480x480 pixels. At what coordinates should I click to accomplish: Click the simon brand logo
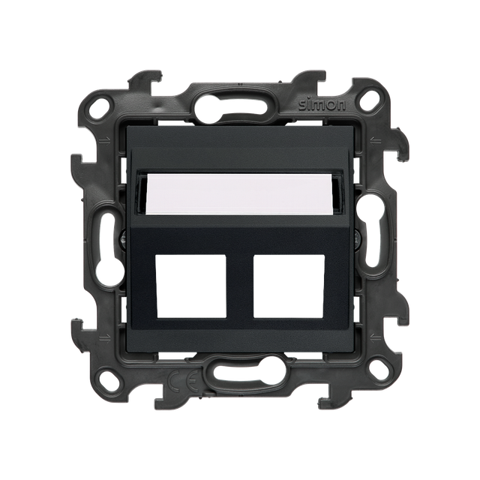(322, 105)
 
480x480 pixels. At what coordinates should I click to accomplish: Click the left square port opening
(191, 285)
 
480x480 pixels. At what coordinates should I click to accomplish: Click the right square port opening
(289, 285)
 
